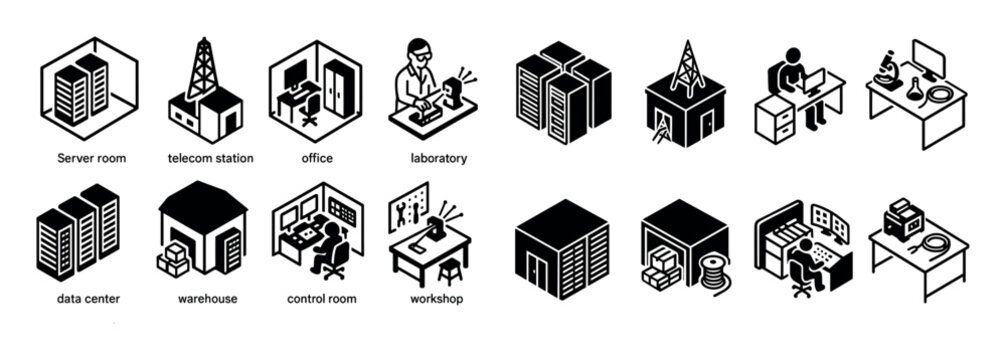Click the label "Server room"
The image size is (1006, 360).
point(91,158)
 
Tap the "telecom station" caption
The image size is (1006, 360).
point(210,158)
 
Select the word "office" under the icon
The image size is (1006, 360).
point(316,158)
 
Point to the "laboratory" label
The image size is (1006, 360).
point(438,158)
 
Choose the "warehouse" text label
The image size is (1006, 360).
point(206,298)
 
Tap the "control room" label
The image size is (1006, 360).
point(323,298)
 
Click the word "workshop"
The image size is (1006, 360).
point(436,298)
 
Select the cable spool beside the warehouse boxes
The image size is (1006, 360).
point(713,271)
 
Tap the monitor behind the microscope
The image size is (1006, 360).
point(929,59)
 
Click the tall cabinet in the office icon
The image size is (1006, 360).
point(337,87)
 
